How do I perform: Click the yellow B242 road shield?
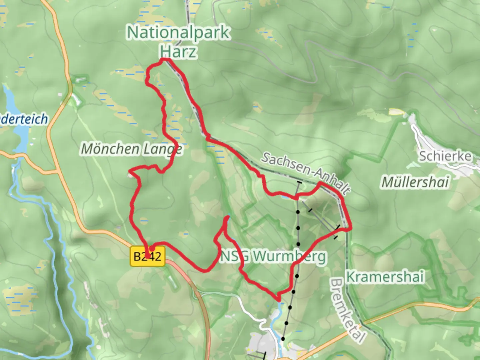tap(148, 256)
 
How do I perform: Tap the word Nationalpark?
tap(178, 33)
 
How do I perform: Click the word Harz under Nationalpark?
tap(178, 52)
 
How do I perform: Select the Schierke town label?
tap(445, 156)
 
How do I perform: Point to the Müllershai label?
tap(415, 182)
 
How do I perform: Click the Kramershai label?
tap(385, 277)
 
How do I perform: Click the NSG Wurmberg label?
tap(273, 256)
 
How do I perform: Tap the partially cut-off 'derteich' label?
tap(24, 119)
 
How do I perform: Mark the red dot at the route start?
tap(152, 248)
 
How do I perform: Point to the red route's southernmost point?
tap(278, 299)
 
